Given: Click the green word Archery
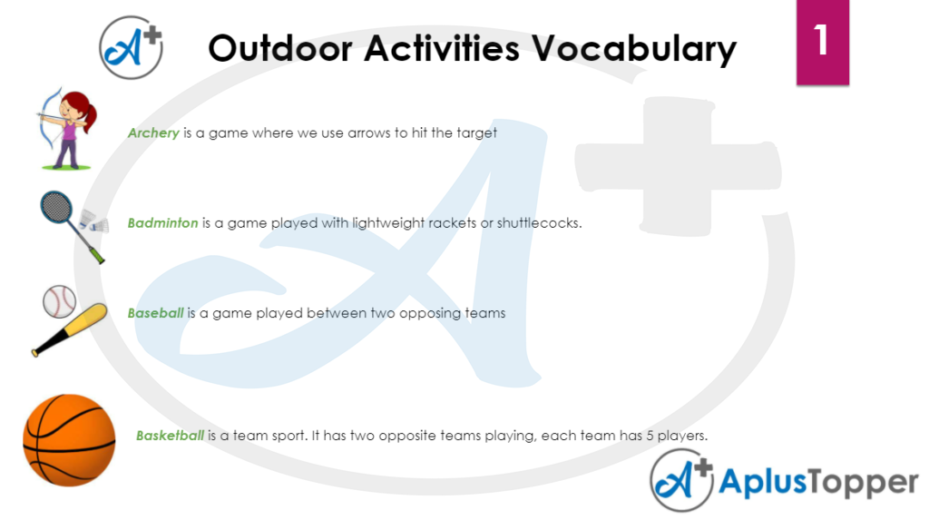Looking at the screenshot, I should point(153,132).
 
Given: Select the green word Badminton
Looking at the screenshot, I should point(162,222).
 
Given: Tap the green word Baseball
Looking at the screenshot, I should point(155,313).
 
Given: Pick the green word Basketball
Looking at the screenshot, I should point(170,436).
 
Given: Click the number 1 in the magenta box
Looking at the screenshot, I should point(822,41).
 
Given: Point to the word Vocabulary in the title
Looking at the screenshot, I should point(636,47).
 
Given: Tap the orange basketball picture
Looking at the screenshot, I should point(69,439).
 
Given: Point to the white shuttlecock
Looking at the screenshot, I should point(94,221).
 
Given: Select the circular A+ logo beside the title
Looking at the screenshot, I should point(131,48).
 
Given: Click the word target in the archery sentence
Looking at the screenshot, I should point(477,132).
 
